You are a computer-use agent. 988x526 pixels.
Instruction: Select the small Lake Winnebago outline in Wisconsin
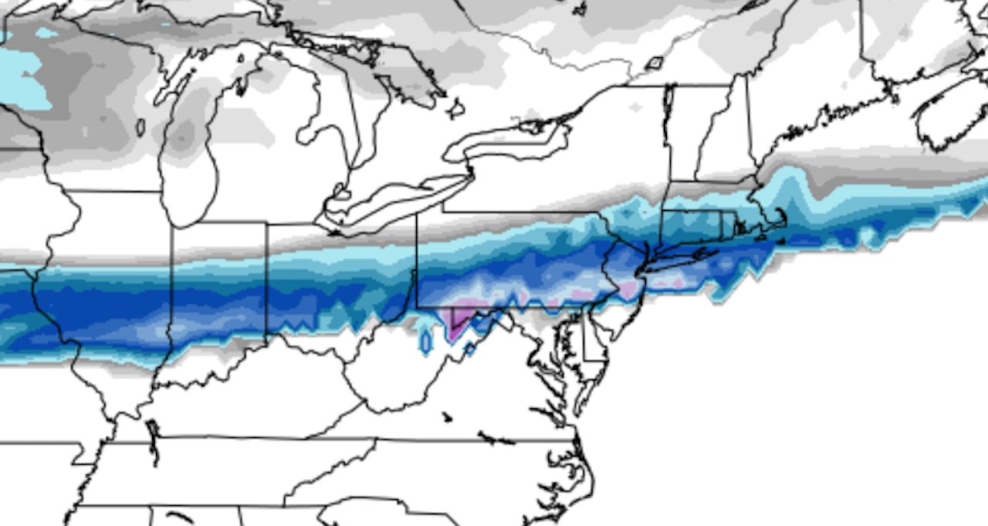point(140,127)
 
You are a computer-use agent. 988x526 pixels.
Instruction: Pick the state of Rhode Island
point(729,226)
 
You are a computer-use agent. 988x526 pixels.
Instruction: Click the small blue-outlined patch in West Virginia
point(425,341)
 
